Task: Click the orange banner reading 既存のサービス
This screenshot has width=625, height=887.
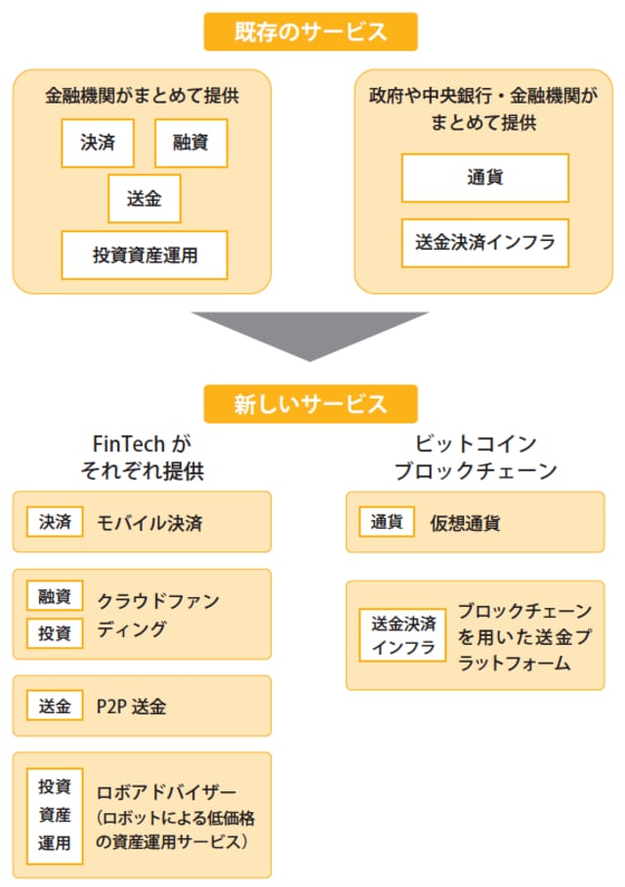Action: click(311, 31)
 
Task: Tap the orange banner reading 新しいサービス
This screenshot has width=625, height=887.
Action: click(311, 403)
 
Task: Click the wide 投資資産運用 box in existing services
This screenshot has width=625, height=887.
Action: click(145, 256)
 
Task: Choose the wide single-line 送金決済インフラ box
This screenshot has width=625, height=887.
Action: click(484, 243)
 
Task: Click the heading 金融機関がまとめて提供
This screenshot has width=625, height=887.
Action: click(143, 97)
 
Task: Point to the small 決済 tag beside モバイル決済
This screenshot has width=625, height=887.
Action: click(55, 522)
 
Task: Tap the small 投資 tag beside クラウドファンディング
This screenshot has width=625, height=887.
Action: click(55, 632)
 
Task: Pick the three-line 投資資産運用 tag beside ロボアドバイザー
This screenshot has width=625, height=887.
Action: click(55, 814)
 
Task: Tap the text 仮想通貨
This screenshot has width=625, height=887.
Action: click(465, 522)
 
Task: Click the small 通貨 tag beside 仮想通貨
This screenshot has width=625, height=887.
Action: click(388, 522)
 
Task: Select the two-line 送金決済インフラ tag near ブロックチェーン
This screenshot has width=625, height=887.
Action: click(402, 634)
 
